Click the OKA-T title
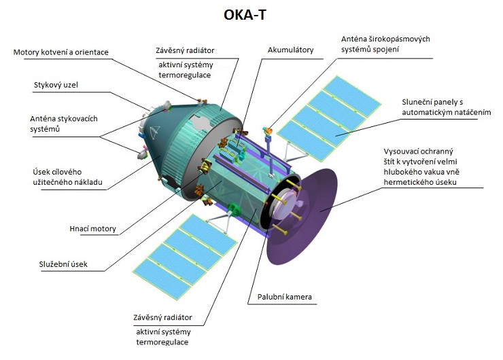(245, 15)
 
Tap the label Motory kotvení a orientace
(61, 52)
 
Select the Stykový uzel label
(56, 85)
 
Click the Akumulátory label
(291, 50)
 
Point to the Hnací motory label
(92, 229)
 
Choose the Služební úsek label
(63, 264)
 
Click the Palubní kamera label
(285, 297)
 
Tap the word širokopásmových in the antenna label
(396, 39)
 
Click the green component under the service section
(235, 210)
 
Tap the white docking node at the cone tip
(167, 105)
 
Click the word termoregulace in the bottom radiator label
(162, 342)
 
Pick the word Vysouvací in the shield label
(400, 151)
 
